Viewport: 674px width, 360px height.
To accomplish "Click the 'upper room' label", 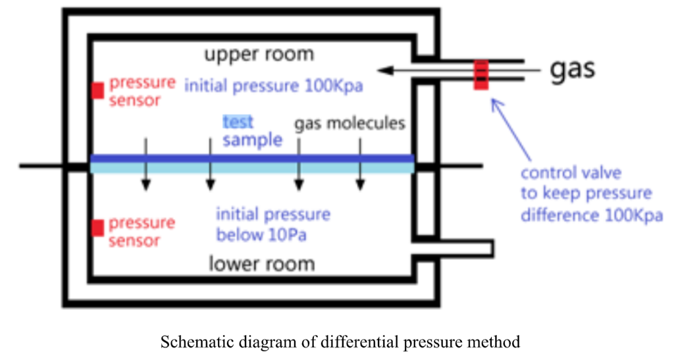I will (259, 53).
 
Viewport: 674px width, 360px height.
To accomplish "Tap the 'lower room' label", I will (261, 264).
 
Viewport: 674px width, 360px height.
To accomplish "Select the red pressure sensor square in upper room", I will (97, 90).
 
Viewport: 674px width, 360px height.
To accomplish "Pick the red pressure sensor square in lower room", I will (97, 228).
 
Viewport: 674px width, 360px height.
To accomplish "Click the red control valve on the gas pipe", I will (481, 74).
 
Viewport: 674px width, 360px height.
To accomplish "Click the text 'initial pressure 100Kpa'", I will (274, 86).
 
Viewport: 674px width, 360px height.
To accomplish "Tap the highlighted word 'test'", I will (238, 122).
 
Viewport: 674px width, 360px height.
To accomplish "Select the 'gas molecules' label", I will (349, 123).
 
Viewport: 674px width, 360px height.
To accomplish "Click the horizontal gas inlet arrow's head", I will (382, 68).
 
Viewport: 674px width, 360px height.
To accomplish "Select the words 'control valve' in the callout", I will (571, 174).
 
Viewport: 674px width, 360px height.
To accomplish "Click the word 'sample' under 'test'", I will (253, 140).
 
